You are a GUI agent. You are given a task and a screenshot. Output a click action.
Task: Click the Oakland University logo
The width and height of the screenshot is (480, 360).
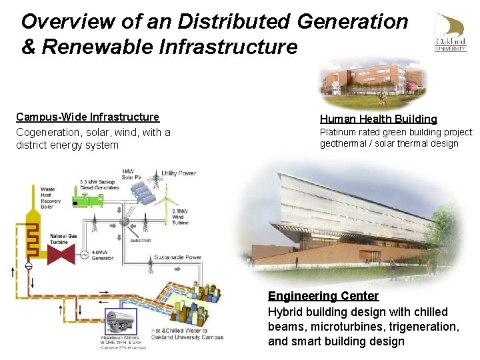point(451,32)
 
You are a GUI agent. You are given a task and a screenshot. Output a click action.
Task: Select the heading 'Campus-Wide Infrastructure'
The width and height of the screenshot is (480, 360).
point(87,117)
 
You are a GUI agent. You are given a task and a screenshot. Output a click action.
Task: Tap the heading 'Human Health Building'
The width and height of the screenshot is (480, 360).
point(379,119)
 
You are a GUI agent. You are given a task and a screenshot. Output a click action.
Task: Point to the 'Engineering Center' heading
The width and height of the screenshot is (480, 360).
point(323,296)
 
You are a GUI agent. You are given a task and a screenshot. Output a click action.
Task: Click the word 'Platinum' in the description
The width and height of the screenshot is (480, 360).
point(339,132)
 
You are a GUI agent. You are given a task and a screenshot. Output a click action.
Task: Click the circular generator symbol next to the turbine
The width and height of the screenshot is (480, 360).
point(85,254)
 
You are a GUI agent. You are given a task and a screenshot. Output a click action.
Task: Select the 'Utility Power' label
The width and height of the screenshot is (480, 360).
point(179,173)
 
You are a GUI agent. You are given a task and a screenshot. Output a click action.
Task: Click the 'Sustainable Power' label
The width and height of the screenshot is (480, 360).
point(177,257)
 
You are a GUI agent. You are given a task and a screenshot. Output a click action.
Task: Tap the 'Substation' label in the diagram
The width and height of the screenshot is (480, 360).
point(140,240)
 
